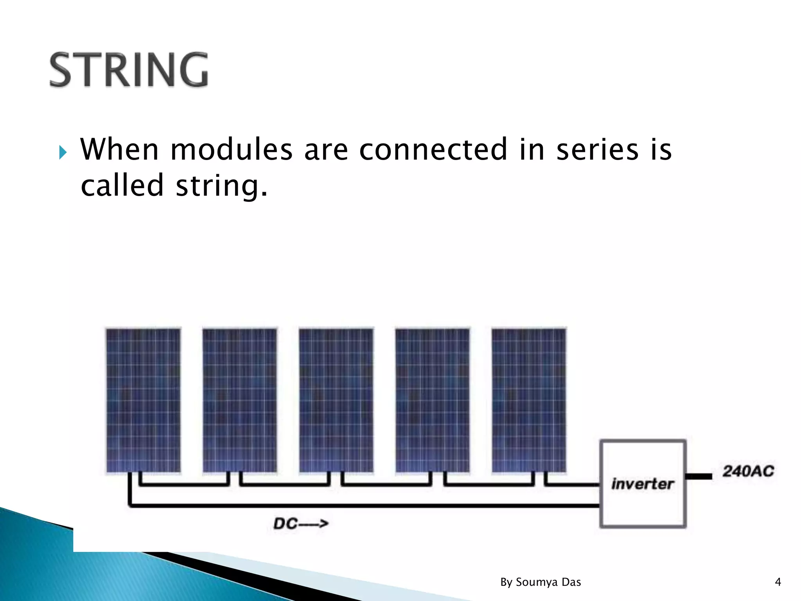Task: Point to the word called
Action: [x=122, y=185]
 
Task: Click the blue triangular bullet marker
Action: [x=63, y=152]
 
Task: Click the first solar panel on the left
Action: [x=144, y=400]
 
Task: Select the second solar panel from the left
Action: [x=240, y=400]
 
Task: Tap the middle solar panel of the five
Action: [x=336, y=400]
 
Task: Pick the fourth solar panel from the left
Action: [x=433, y=400]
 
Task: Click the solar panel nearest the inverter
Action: [x=529, y=400]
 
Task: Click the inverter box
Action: [x=643, y=484]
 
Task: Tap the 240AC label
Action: [x=748, y=471]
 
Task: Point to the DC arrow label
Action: [x=300, y=524]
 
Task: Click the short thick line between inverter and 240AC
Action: [x=699, y=476]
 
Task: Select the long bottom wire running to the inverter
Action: [x=364, y=506]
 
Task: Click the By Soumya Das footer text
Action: [x=541, y=582]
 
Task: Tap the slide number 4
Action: [x=778, y=582]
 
